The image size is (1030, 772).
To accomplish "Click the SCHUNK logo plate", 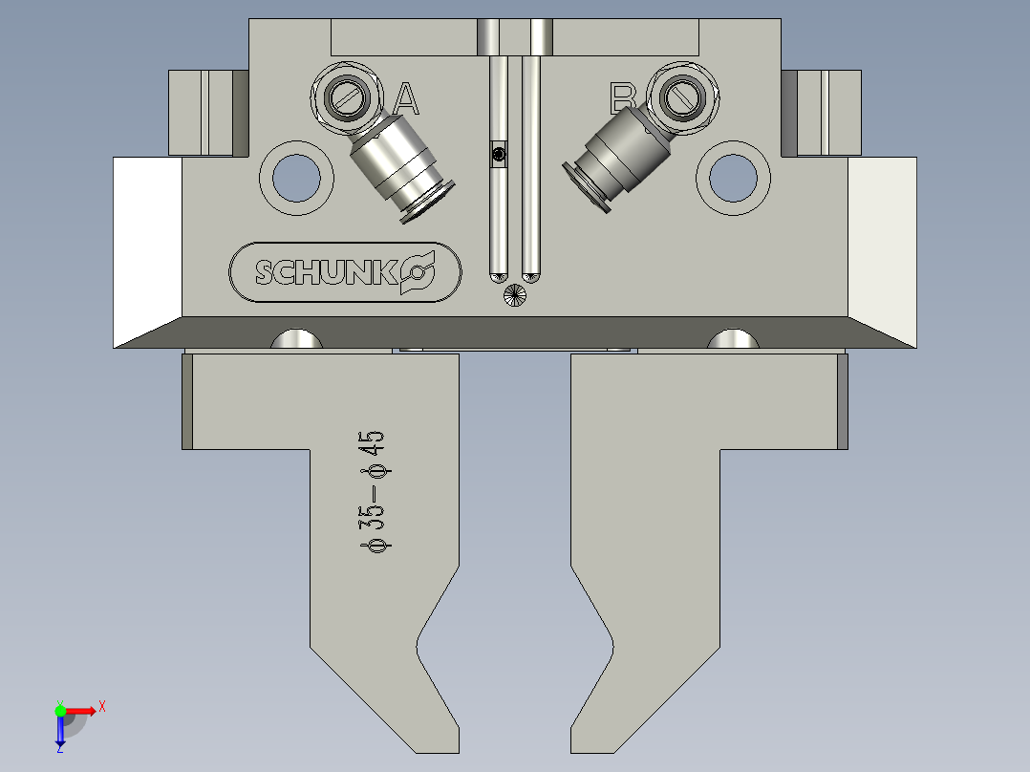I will pos(345,273).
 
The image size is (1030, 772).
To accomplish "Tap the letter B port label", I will pos(622,97).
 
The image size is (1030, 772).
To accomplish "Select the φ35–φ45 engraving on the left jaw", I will pos(373,492).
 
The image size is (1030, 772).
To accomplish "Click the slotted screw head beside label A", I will pos(343,96).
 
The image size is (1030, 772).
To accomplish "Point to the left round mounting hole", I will pos(296,177).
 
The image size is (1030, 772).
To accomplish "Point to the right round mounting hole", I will pos(732,177).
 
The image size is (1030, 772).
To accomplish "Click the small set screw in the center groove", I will pos(498,153).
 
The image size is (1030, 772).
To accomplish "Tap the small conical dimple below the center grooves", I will pos(515,296).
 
